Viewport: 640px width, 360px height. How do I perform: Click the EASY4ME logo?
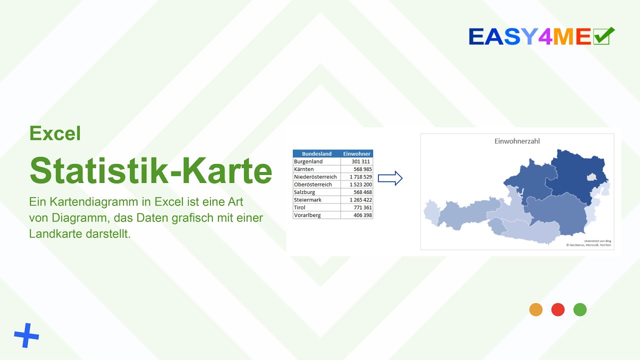pos(530,36)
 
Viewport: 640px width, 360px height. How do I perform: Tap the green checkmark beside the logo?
pos(603,36)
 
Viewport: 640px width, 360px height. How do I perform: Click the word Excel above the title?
pos(55,133)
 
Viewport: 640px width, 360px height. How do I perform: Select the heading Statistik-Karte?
pos(150,170)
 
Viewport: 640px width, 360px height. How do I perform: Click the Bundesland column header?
pos(316,154)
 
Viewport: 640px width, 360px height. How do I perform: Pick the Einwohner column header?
pos(356,154)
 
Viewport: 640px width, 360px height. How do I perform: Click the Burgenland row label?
pos(308,161)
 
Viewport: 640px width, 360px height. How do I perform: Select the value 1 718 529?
pos(360,177)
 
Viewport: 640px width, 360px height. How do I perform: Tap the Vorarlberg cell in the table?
pos(307,215)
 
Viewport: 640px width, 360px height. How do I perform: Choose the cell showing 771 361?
pos(362,207)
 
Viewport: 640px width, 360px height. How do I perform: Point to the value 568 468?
pos(362,192)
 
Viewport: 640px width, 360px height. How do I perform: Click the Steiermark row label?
pos(308,200)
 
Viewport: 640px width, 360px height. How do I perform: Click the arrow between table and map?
pos(390,178)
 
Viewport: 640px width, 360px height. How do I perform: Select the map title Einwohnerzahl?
pos(517,141)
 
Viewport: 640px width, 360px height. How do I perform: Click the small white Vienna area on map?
pos(592,177)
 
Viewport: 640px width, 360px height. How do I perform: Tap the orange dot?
pos(536,309)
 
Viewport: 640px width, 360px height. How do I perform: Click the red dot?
pos(558,309)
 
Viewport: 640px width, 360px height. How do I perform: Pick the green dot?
pos(580,309)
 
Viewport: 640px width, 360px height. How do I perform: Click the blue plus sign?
pos(26,335)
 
